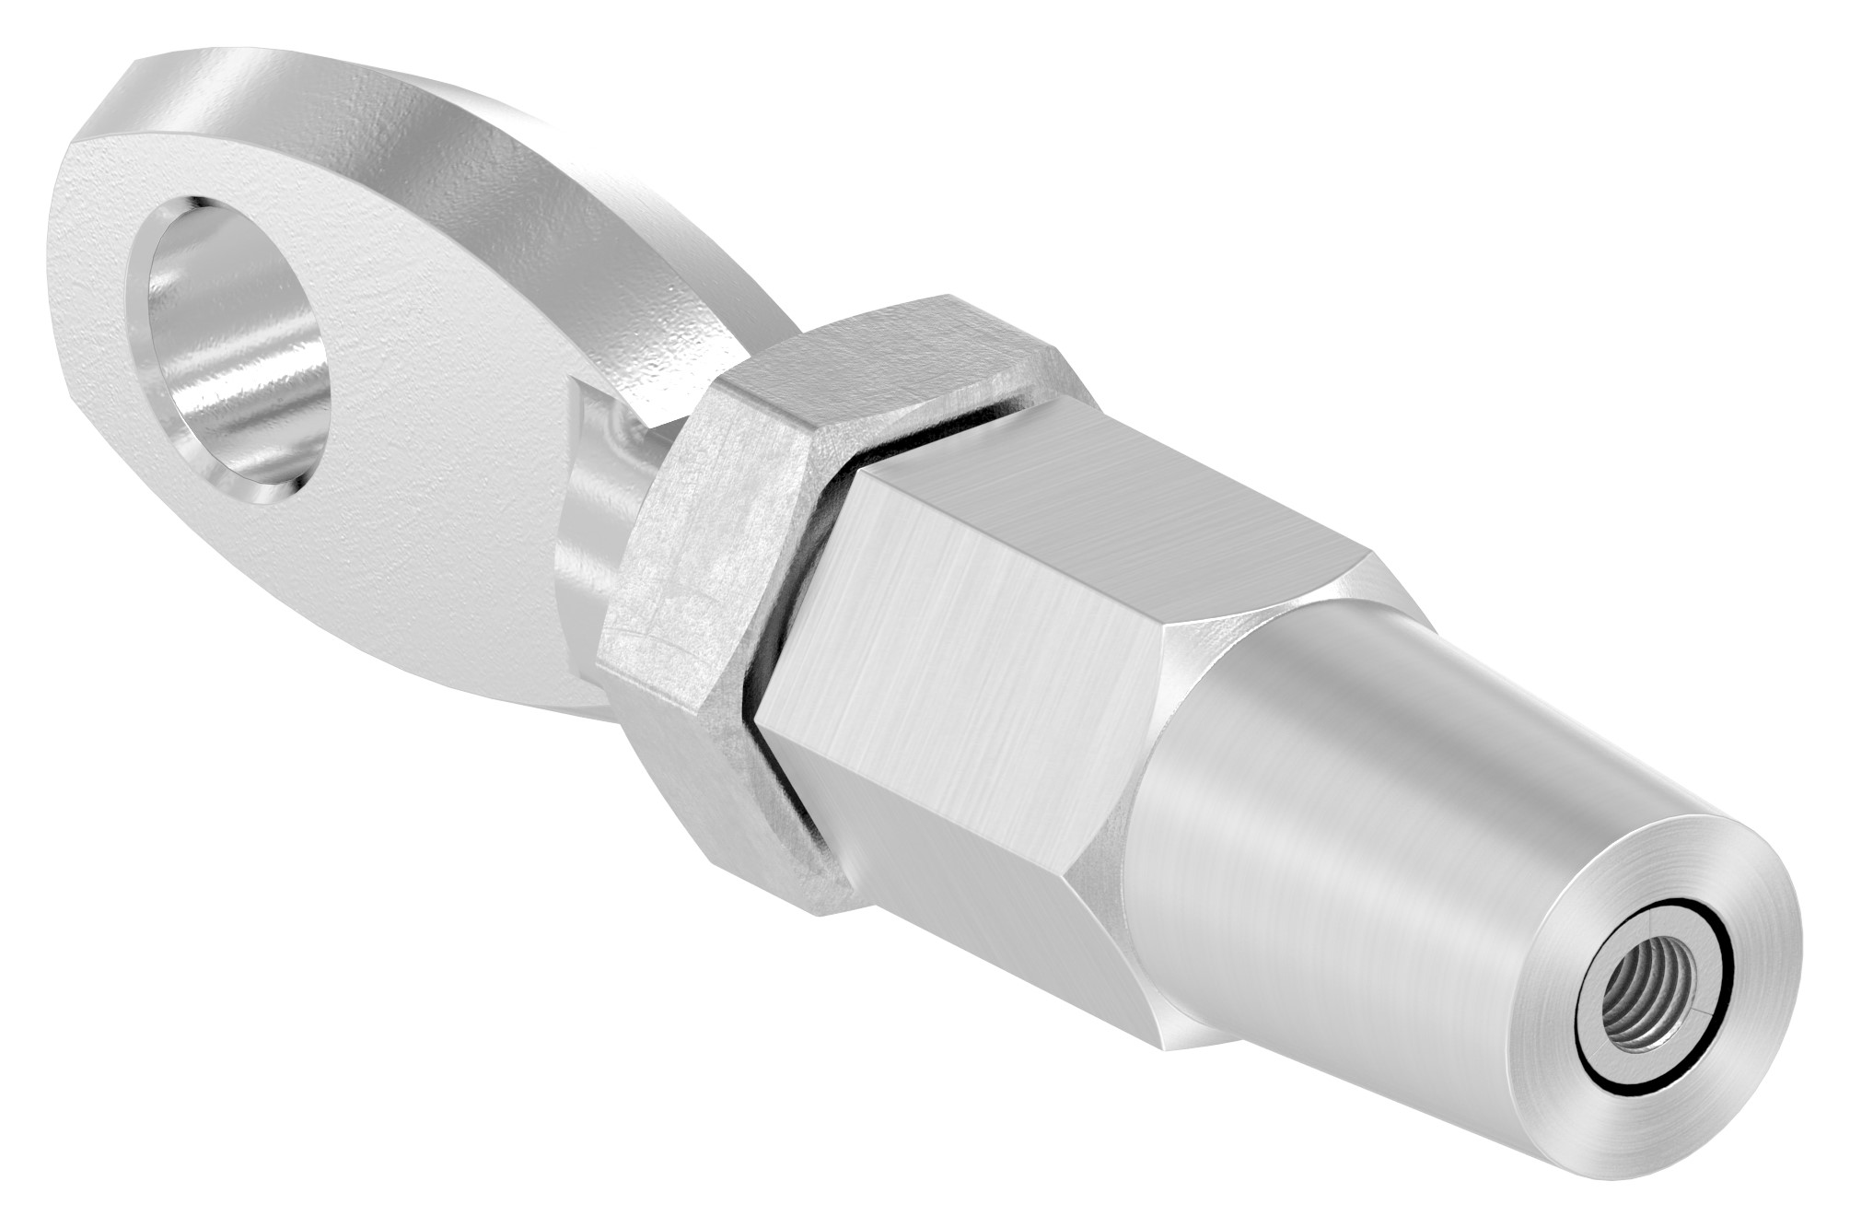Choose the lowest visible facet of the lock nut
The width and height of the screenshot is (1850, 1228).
coord(737,801)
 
